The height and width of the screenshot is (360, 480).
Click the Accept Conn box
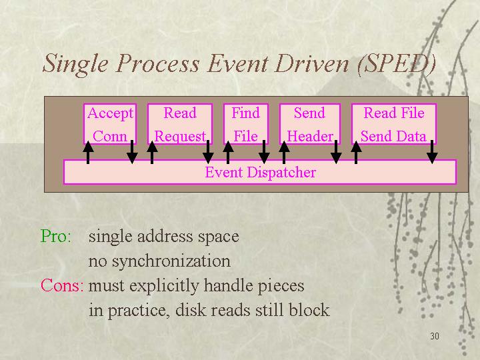[110, 124]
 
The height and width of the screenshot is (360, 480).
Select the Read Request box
[180, 124]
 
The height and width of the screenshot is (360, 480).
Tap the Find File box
[246, 124]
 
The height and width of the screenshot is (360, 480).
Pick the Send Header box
[310, 124]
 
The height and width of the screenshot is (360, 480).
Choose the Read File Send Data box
[394, 124]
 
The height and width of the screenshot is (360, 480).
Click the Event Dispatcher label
[260, 172]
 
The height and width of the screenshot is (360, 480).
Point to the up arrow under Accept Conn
[88, 152]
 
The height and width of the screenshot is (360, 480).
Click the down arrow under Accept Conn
[132, 152]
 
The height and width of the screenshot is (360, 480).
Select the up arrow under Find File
[228, 152]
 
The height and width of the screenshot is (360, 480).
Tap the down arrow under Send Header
[336, 152]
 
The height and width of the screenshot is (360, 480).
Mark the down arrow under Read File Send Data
[432, 152]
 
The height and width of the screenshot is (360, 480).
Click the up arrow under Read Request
[152, 152]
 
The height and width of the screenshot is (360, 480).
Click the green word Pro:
[56, 236]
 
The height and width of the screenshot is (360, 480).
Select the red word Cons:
[62, 285]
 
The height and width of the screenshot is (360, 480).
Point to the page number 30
[435, 336]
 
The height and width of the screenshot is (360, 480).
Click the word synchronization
[171, 262]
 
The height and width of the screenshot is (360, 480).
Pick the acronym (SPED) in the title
[397, 64]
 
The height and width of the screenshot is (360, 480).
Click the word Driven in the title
[311, 64]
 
